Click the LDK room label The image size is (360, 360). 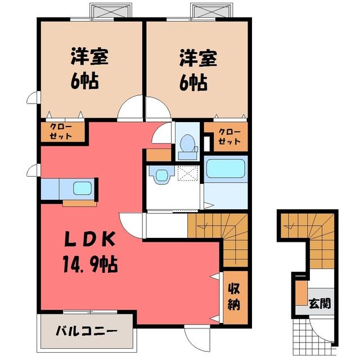coord(90,239)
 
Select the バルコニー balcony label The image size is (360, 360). coord(87,331)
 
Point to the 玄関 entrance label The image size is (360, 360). coord(320,304)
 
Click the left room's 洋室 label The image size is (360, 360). coord(89,56)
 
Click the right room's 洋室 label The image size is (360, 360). coord(198,57)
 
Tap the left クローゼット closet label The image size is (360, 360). coord(61,132)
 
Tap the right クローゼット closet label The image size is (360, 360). coord(229,137)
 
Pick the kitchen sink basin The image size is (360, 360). coord(83,188)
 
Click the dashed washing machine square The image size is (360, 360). coord(188,173)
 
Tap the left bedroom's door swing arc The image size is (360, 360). coord(130,107)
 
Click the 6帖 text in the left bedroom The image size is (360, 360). coord(84,81)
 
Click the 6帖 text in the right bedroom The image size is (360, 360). coord(193,82)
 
